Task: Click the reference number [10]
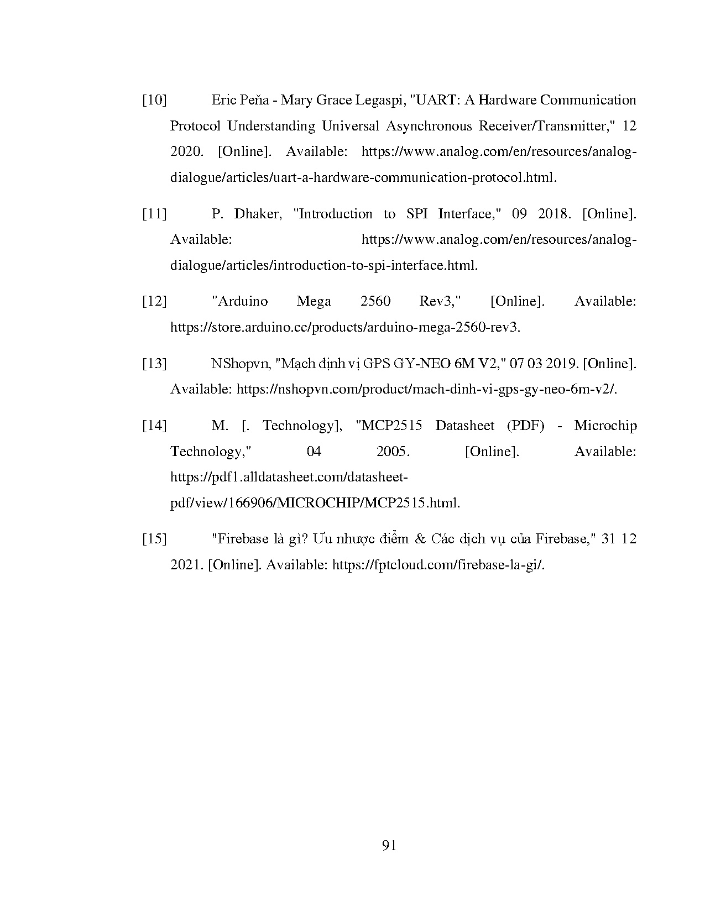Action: [154, 101]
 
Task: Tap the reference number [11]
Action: [154, 214]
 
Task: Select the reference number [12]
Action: [154, 302]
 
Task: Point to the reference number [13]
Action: [154, 364]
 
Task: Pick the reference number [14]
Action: [154, 426]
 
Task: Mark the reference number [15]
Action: [154, 539]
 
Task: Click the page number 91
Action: [389, 846]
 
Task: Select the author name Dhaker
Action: [258, 214]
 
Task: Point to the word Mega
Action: [314, 302]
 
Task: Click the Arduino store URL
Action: [345, 328]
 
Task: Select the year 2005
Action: [393, 452]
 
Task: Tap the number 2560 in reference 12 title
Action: [375, 302]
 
